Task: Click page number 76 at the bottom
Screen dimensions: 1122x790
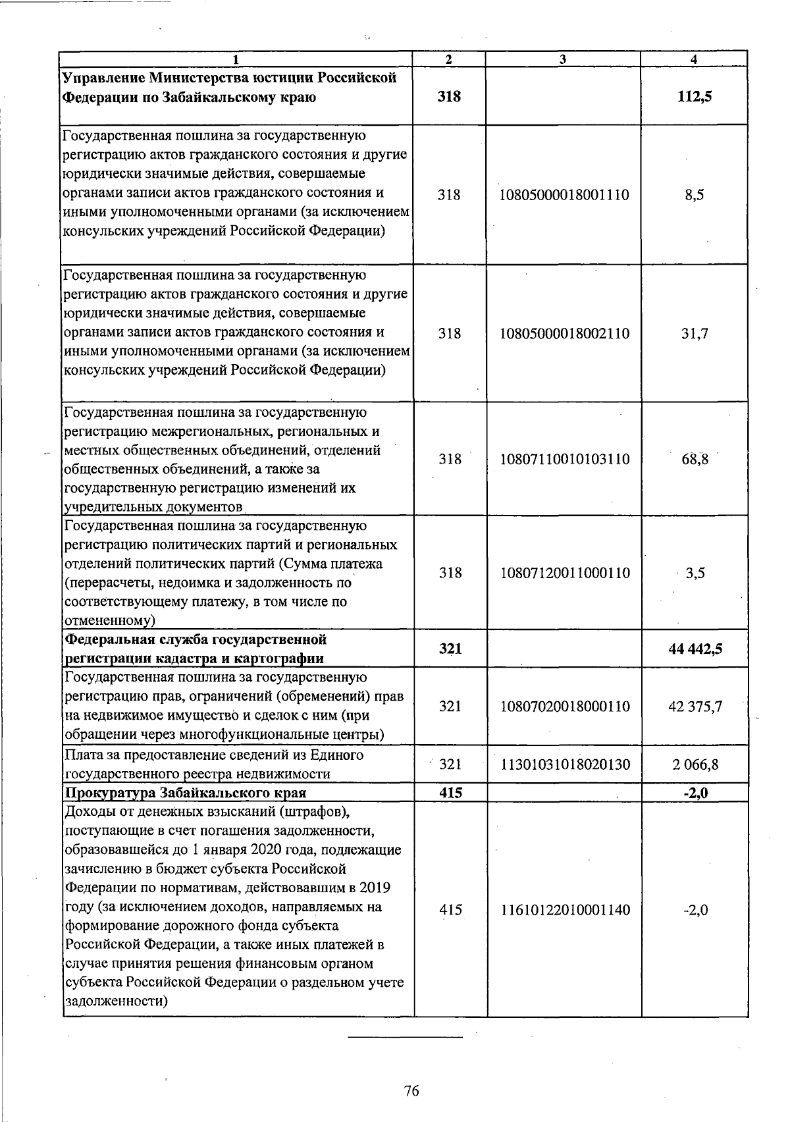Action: click(411, 1091)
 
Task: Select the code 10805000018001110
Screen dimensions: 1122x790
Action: click(564, 195)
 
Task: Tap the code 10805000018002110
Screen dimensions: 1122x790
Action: click(564, 333)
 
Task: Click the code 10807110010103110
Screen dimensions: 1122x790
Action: click(564, 459)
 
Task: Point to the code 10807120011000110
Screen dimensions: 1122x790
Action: click(564, 573)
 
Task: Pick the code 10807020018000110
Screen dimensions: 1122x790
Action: click(564, 707)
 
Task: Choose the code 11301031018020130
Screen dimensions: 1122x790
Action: click(564, 764)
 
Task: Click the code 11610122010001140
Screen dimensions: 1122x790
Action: click(564, 910)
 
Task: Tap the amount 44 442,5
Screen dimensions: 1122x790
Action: click(695, 649)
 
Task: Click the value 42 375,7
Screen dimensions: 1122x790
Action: click(695, 707)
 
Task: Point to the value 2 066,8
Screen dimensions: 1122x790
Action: click(695, 764)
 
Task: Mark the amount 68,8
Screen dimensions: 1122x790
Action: click(695, 459)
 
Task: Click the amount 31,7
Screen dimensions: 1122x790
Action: click(695, 333)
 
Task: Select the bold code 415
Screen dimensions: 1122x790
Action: click(450, 793)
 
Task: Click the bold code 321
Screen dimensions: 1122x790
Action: click(450, 649)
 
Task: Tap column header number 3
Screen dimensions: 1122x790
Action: click(564, 59)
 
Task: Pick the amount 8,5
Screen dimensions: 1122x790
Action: click(695, 195)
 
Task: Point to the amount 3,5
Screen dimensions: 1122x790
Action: click(695, 573)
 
